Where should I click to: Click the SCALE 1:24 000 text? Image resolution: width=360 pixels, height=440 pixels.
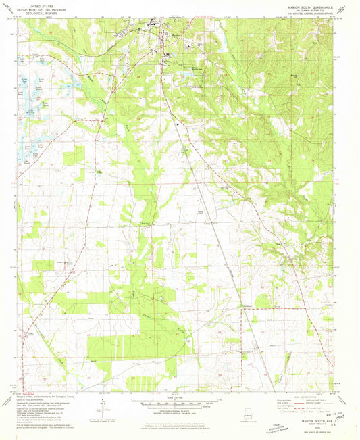(177, 397)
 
